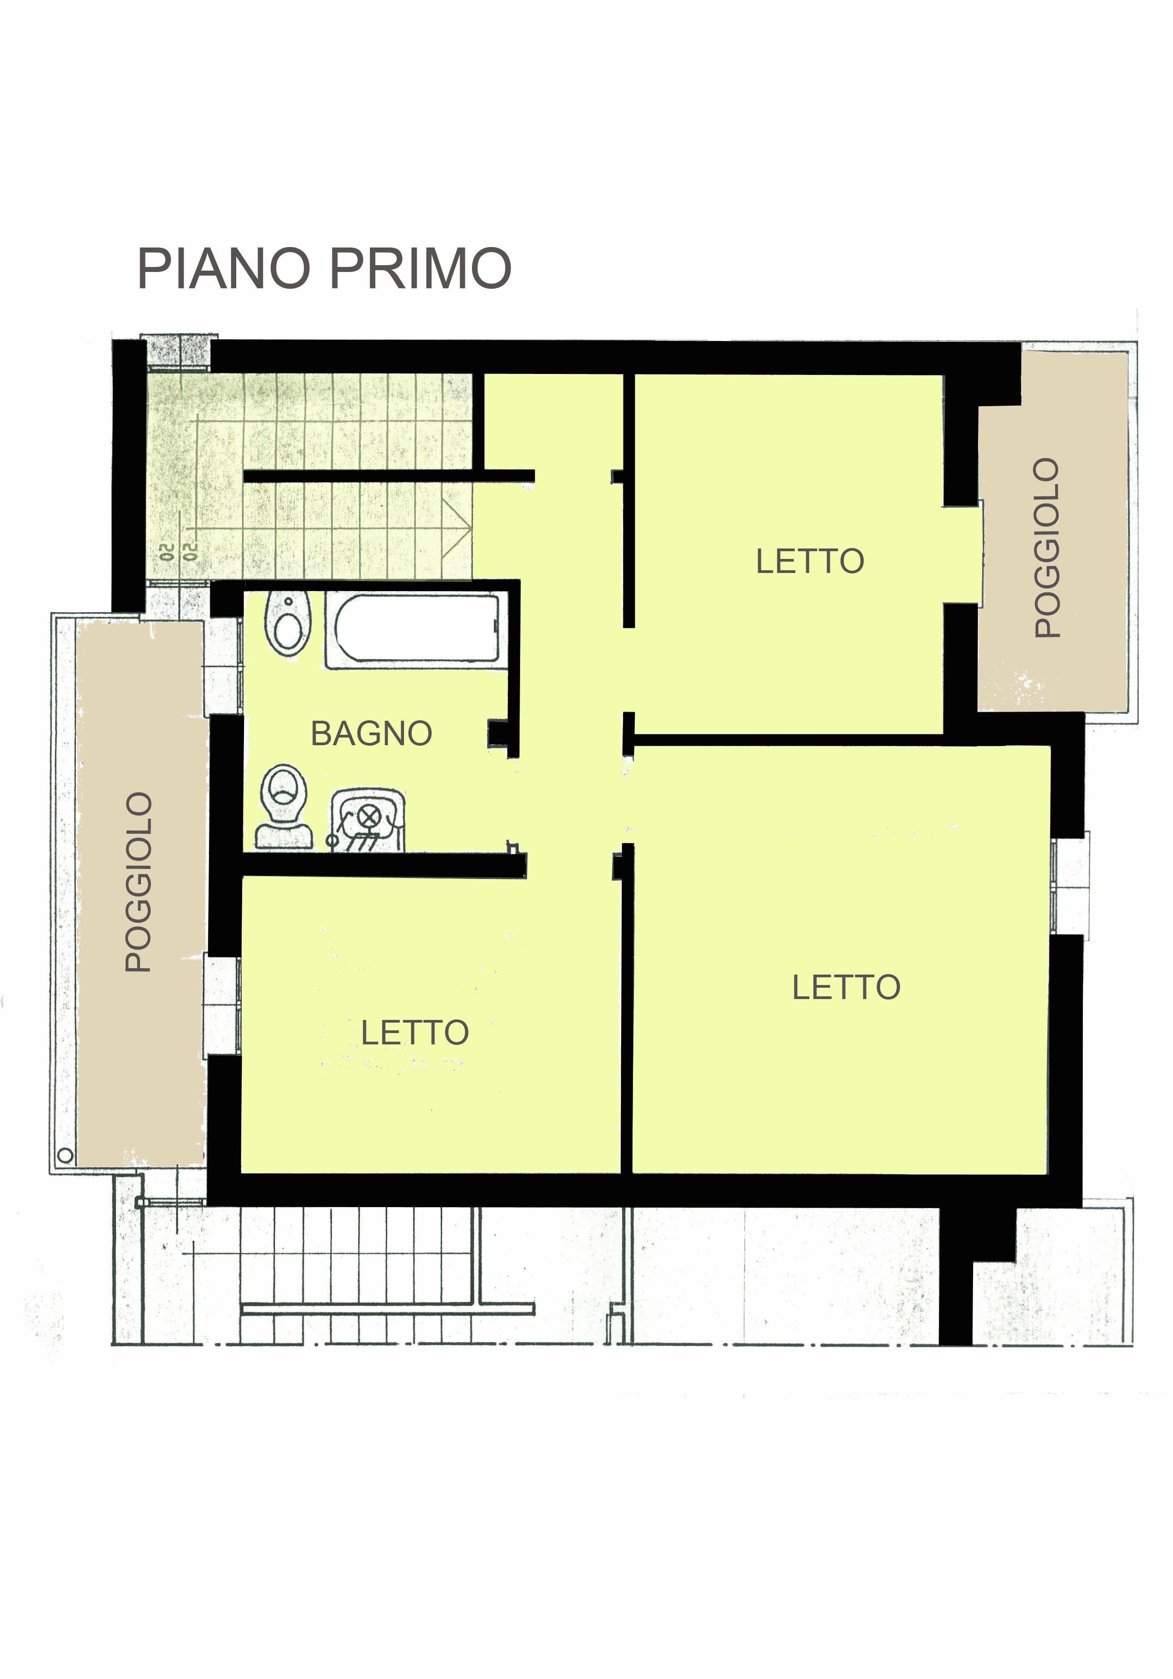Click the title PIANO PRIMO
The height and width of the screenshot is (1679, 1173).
324,268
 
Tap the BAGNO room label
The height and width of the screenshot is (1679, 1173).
371,733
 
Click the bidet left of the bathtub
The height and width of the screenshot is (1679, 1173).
288,623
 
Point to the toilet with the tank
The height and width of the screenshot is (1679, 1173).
284,806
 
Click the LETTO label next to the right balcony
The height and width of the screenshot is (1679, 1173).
809,562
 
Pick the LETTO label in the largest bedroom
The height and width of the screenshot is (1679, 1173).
846,987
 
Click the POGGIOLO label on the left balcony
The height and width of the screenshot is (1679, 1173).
138,882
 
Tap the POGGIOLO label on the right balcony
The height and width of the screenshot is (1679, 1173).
1047,548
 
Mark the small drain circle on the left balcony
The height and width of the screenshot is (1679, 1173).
65,1155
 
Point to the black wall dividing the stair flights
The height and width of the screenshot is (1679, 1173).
388,476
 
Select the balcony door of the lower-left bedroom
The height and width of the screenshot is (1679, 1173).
222,1005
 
